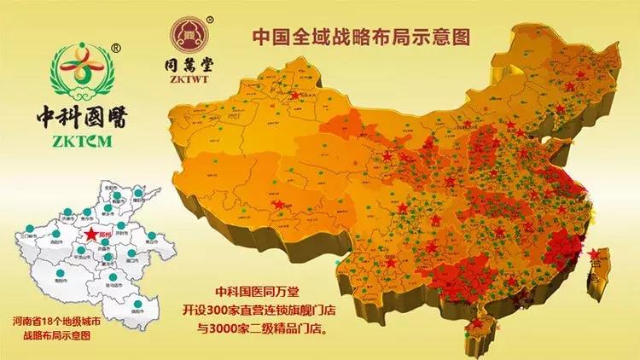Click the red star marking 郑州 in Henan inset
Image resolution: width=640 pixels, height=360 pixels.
(90, 233)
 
